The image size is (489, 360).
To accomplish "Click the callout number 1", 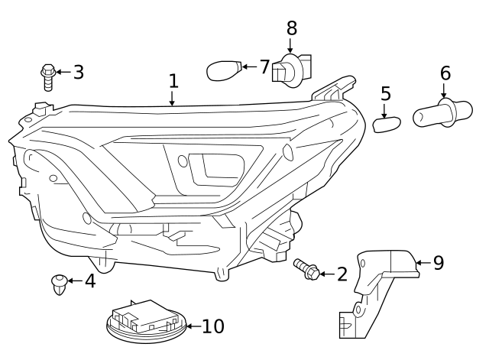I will click(173, 81).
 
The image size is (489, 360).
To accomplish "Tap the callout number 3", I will click(78, 73).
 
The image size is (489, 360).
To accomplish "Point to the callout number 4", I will click(90, 281).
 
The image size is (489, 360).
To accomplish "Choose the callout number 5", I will click(386, 94).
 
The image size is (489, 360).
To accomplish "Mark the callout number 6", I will click(445, 74).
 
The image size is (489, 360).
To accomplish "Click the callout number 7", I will click(264, 67).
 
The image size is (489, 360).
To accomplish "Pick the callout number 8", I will click(291, 28).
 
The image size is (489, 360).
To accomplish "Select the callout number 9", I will click(438, 264).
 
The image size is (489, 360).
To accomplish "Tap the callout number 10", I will click(213, 327).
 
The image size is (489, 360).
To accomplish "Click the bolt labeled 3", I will click(47, 77).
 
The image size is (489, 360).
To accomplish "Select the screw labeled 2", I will click(306, 268).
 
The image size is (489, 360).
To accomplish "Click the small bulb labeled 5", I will click(387, 123).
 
